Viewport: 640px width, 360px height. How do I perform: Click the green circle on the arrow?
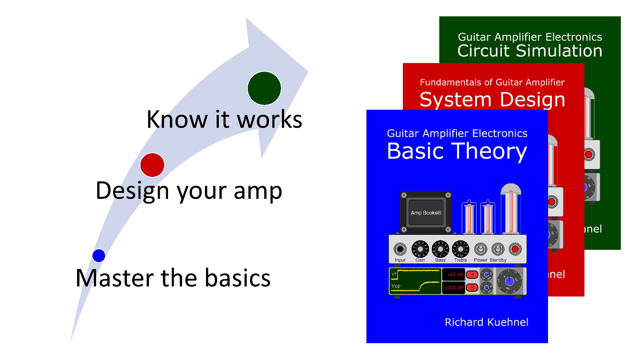point(264,88)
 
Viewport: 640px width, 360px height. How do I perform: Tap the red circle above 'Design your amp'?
point(152,165)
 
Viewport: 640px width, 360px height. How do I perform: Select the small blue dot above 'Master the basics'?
point(98,255)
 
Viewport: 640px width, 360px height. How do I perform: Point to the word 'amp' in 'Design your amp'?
point(258,191)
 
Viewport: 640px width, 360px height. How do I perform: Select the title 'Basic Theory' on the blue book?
point(457,151)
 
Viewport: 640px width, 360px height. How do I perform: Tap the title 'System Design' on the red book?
point(492,99)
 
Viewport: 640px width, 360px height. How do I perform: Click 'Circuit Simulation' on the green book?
point(529,51)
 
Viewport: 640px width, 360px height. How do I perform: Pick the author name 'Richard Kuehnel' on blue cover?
point(486,322)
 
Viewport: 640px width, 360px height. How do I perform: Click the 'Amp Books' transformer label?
point(426,213)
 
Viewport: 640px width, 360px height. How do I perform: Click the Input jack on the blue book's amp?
point(400,249)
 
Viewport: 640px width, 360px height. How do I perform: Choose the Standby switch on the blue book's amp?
point(498,249)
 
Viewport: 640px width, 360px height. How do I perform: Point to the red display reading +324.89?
point(453,288)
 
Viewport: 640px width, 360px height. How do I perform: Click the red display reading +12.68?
point(453,275)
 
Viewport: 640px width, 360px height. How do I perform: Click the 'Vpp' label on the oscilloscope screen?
point(396,286)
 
